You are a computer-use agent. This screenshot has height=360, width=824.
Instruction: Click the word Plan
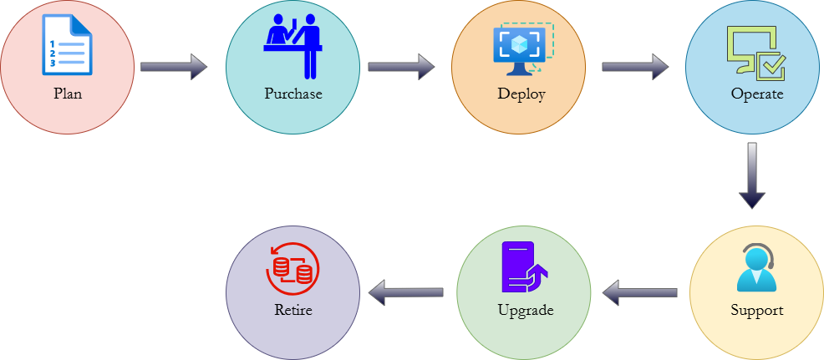67,94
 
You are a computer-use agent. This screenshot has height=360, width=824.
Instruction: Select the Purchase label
292,94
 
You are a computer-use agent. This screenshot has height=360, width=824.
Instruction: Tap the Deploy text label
521,94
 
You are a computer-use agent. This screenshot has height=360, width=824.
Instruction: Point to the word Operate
756,94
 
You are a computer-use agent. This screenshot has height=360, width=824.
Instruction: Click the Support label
756,311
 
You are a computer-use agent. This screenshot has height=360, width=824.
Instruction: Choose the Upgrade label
525,311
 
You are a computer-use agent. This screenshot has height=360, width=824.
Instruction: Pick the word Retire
292,311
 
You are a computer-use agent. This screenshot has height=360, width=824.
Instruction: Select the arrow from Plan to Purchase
174,67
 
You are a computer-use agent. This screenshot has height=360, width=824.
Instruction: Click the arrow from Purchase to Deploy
401,67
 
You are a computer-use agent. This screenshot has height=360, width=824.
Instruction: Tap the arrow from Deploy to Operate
635,67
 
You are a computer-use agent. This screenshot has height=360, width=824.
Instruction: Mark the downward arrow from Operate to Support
752,175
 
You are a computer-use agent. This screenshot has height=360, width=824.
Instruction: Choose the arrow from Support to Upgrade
640,292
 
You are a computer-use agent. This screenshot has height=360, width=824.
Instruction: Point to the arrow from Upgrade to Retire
406,292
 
